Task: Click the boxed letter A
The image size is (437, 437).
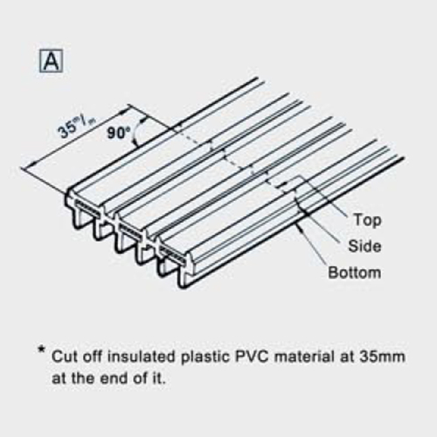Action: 51,61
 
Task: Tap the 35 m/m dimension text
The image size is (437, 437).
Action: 77,127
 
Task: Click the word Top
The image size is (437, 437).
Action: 368,219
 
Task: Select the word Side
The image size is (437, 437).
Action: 364,246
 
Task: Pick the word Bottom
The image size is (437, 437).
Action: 355,273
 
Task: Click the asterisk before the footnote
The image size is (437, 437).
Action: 42,350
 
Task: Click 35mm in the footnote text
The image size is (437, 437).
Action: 382,357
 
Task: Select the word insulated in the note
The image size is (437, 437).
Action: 142,357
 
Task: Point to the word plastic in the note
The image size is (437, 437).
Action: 205,357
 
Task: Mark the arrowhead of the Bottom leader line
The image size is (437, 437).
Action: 297,225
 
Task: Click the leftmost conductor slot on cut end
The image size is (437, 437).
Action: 87,207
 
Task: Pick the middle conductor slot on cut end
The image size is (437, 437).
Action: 130,231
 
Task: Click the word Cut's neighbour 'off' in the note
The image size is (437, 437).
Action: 93,357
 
